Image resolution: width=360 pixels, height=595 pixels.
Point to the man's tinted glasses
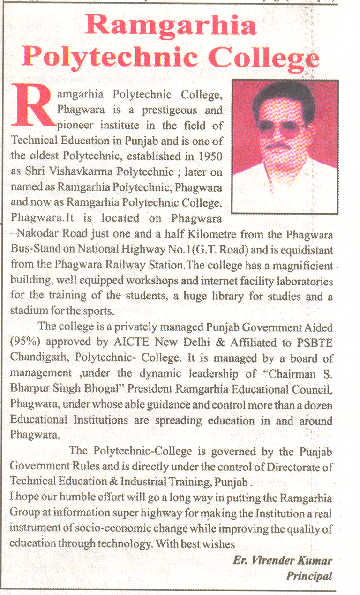pyautogui.click(x=281, y=127)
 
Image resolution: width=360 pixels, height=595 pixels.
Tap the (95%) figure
pyautogui.click(x=23, y=342)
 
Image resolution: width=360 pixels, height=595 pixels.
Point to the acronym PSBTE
pyautogui.click(x=315, y=342)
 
